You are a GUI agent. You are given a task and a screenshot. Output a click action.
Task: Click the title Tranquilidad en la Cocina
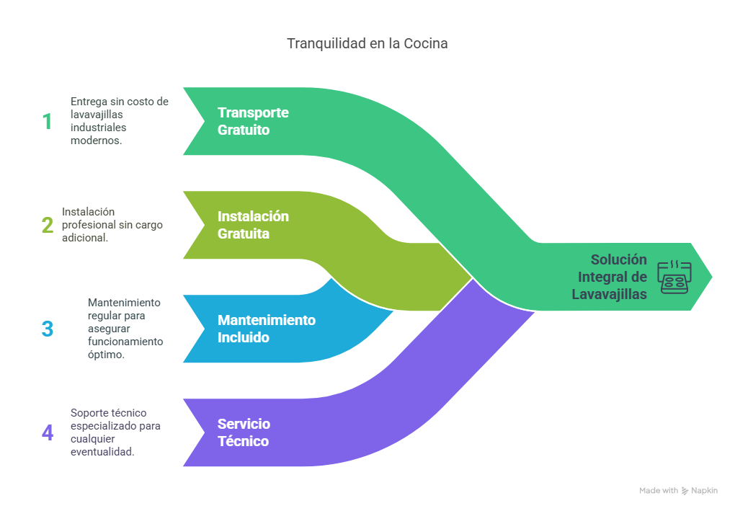367,43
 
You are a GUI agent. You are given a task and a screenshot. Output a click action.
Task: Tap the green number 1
47,121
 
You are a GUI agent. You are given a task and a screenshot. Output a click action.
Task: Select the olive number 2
48,225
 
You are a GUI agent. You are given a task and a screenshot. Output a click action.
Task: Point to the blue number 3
48,329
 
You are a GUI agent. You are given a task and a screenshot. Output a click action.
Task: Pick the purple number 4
48,432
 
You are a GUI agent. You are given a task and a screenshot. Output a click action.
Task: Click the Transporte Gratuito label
253,122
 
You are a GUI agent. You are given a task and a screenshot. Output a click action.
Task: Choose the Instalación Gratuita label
253,226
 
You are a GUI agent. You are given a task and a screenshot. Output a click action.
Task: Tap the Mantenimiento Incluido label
267,329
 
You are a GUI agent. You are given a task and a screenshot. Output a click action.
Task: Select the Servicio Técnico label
244,432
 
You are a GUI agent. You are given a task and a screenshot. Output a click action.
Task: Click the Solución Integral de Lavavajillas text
610,277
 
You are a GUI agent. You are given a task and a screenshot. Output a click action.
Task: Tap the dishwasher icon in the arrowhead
674,276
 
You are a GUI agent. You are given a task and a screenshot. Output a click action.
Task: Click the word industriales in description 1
99,128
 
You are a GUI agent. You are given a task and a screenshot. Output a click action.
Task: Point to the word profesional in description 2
88,225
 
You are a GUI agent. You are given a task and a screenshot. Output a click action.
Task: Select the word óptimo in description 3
107,355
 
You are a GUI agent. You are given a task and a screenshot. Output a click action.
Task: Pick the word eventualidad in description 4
102,452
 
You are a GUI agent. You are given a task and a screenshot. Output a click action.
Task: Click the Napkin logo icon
685,491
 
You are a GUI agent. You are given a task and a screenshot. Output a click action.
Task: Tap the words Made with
659,491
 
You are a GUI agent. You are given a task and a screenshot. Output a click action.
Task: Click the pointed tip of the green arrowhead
713,276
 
